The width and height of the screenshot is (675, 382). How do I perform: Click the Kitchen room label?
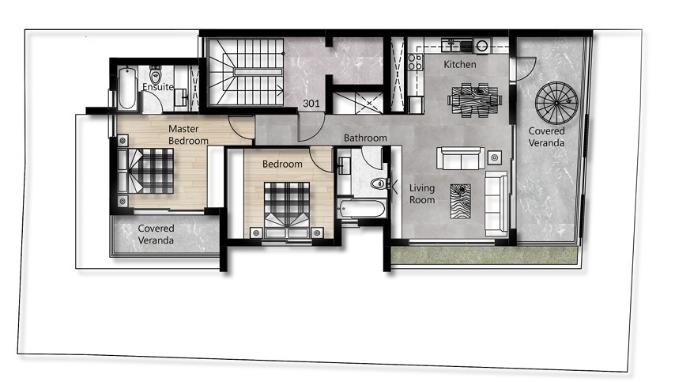tap(459, 64)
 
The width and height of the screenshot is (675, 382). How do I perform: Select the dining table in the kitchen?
tap(474, 100)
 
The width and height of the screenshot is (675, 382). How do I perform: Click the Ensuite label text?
tap(158, 87)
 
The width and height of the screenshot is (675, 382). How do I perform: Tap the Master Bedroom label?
tap(188, 134)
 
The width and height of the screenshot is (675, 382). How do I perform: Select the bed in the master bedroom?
tap(150, 170)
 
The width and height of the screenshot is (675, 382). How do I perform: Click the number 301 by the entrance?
tap(312, 103)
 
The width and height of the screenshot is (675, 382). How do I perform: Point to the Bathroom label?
tap(365, 138)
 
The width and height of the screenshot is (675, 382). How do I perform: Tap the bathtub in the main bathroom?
tap(361, 210)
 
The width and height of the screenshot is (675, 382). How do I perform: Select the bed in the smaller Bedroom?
tap(286, 207)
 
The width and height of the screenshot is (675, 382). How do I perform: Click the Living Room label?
tap(421, 194)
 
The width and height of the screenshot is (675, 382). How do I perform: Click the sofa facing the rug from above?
tap(461, 158)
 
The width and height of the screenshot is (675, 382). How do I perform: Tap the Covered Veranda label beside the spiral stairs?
tap(546, 138)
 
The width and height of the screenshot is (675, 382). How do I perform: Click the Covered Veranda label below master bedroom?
tap(156, 234)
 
